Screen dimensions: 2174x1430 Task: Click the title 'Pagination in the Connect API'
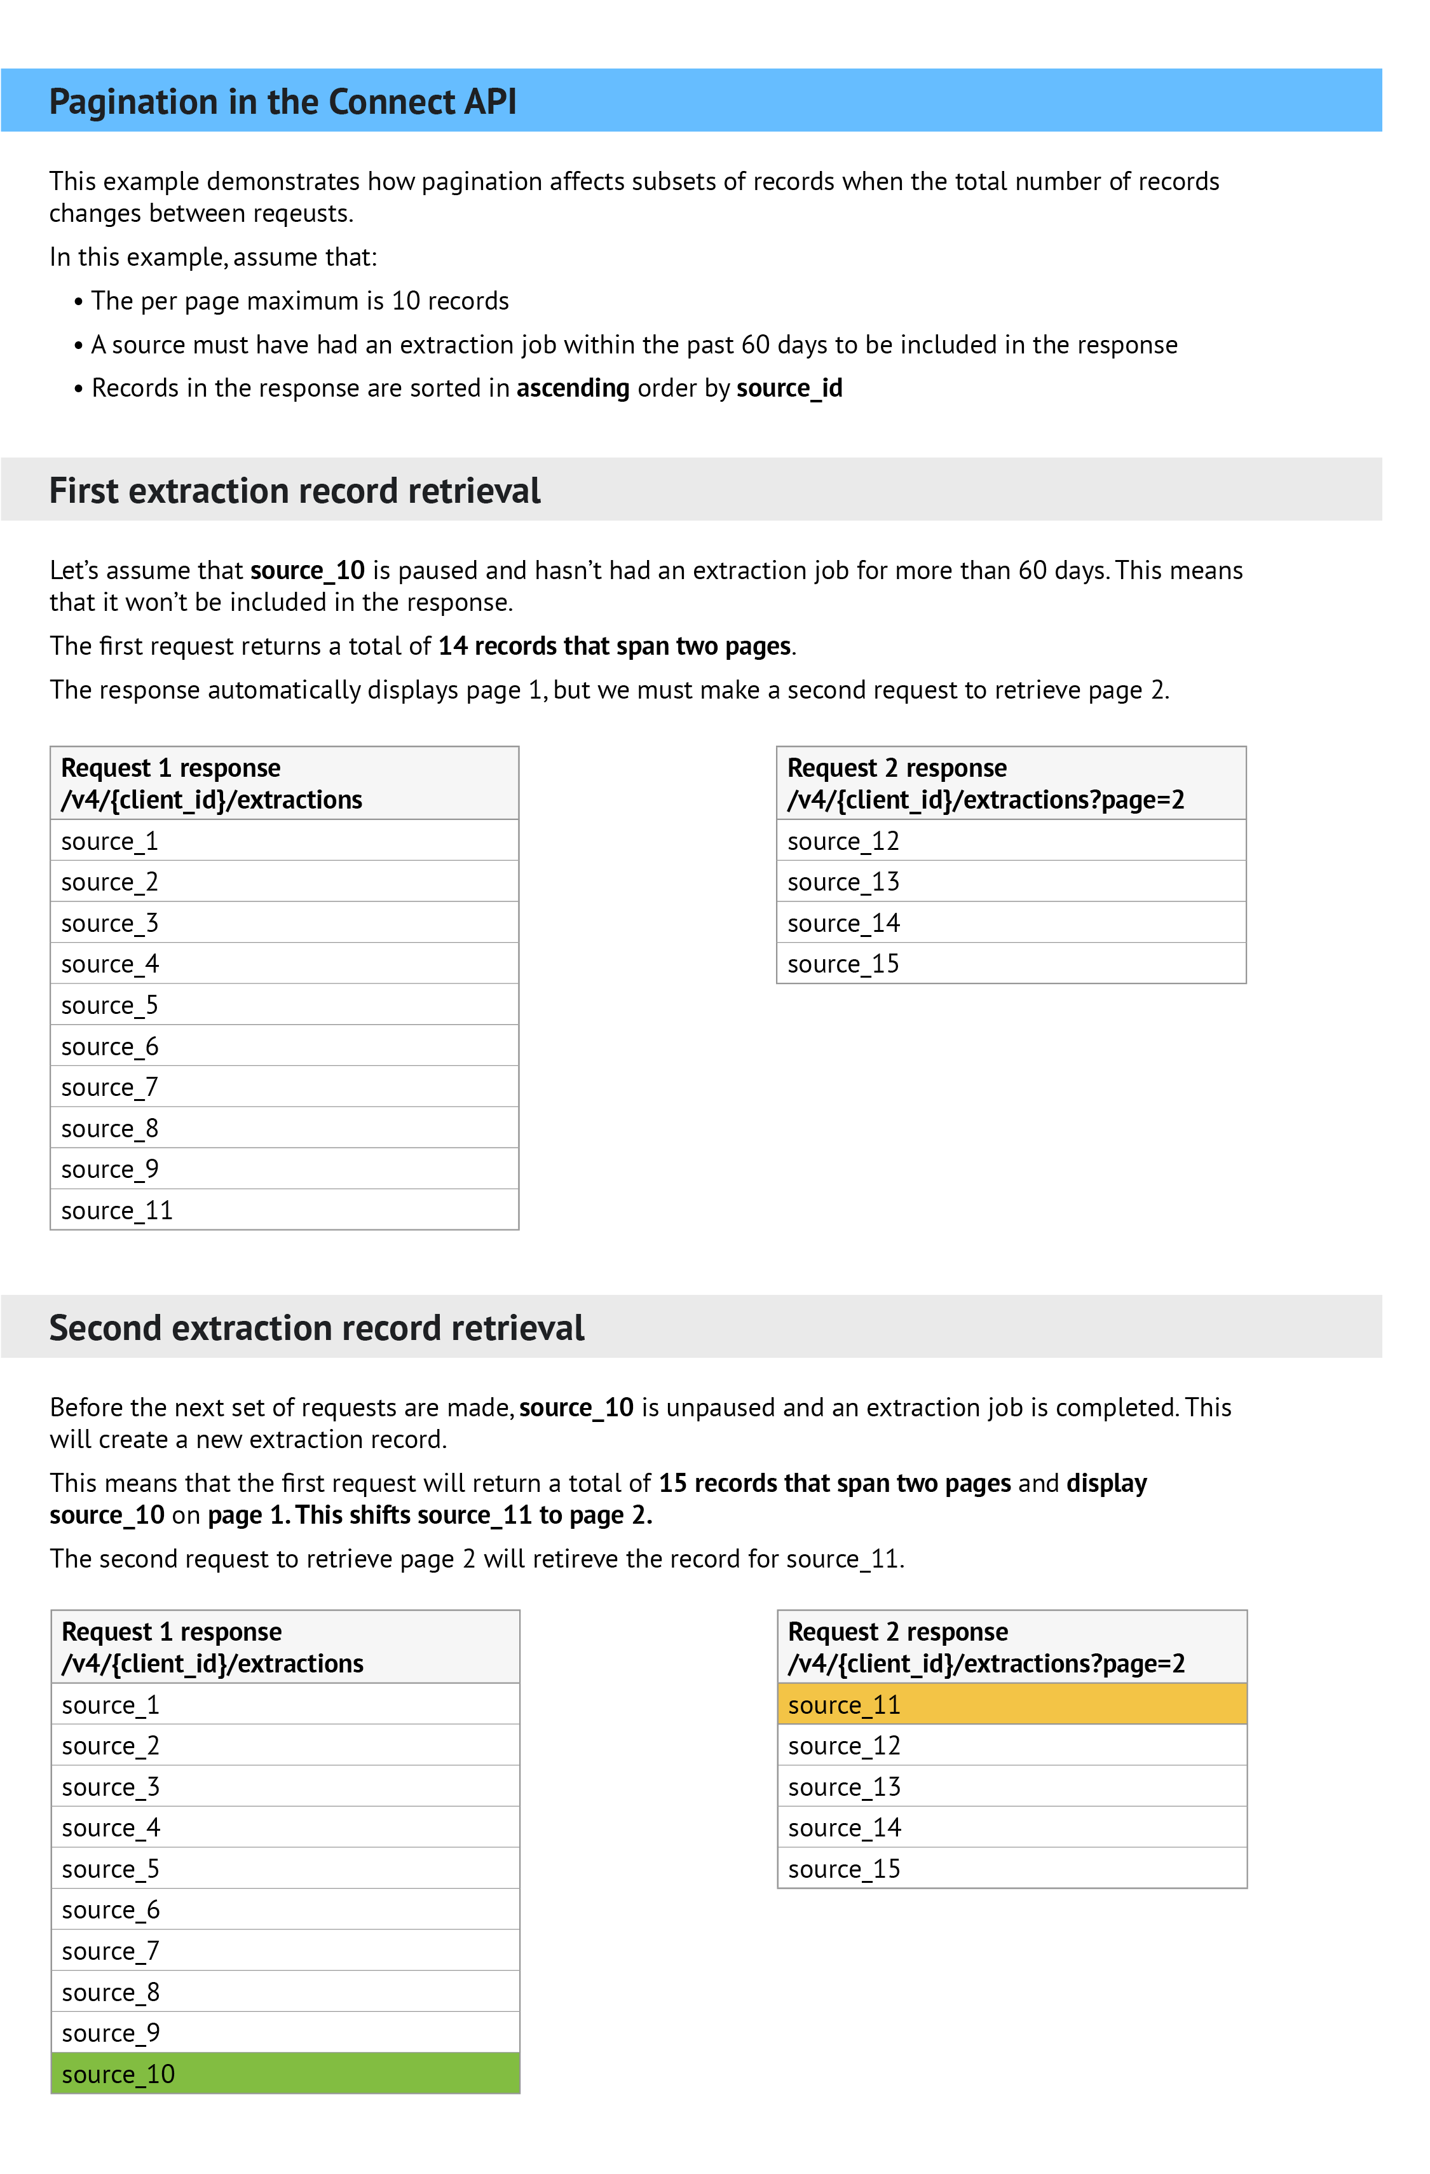pyautogui.click(x=282, y=102)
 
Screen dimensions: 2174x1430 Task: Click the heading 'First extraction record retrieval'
pyautogui.click(x=294, y=491)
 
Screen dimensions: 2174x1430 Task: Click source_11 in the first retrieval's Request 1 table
pyautogui.click(x=117, y=1210)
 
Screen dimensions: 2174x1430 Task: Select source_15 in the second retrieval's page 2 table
pyautogui.click(x=844, y=1869)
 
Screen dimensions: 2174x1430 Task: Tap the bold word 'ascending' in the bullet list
pyautogui.click(x=573, y=388)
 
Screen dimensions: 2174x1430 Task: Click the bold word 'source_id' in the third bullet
pyautogui.click(x=789, y=388)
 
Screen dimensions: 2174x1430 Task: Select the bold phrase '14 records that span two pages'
pyautogui.click(x=615, y=646)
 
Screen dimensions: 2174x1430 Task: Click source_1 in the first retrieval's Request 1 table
pyautogui.click(x=109, y=840)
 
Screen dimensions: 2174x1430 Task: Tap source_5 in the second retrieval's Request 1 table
pyautogui.click(x=111, y=1869)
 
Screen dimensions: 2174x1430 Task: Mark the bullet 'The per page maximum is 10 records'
pyautogui.click(x=299, y=301)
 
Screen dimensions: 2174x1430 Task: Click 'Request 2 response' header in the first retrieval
pyautogui.click(x=897, y=767)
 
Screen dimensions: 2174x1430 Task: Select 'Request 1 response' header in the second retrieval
pyautogui.click(x=172, y=1631)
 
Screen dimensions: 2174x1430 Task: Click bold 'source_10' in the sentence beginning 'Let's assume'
pyautogui.click(x=308, y=570)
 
